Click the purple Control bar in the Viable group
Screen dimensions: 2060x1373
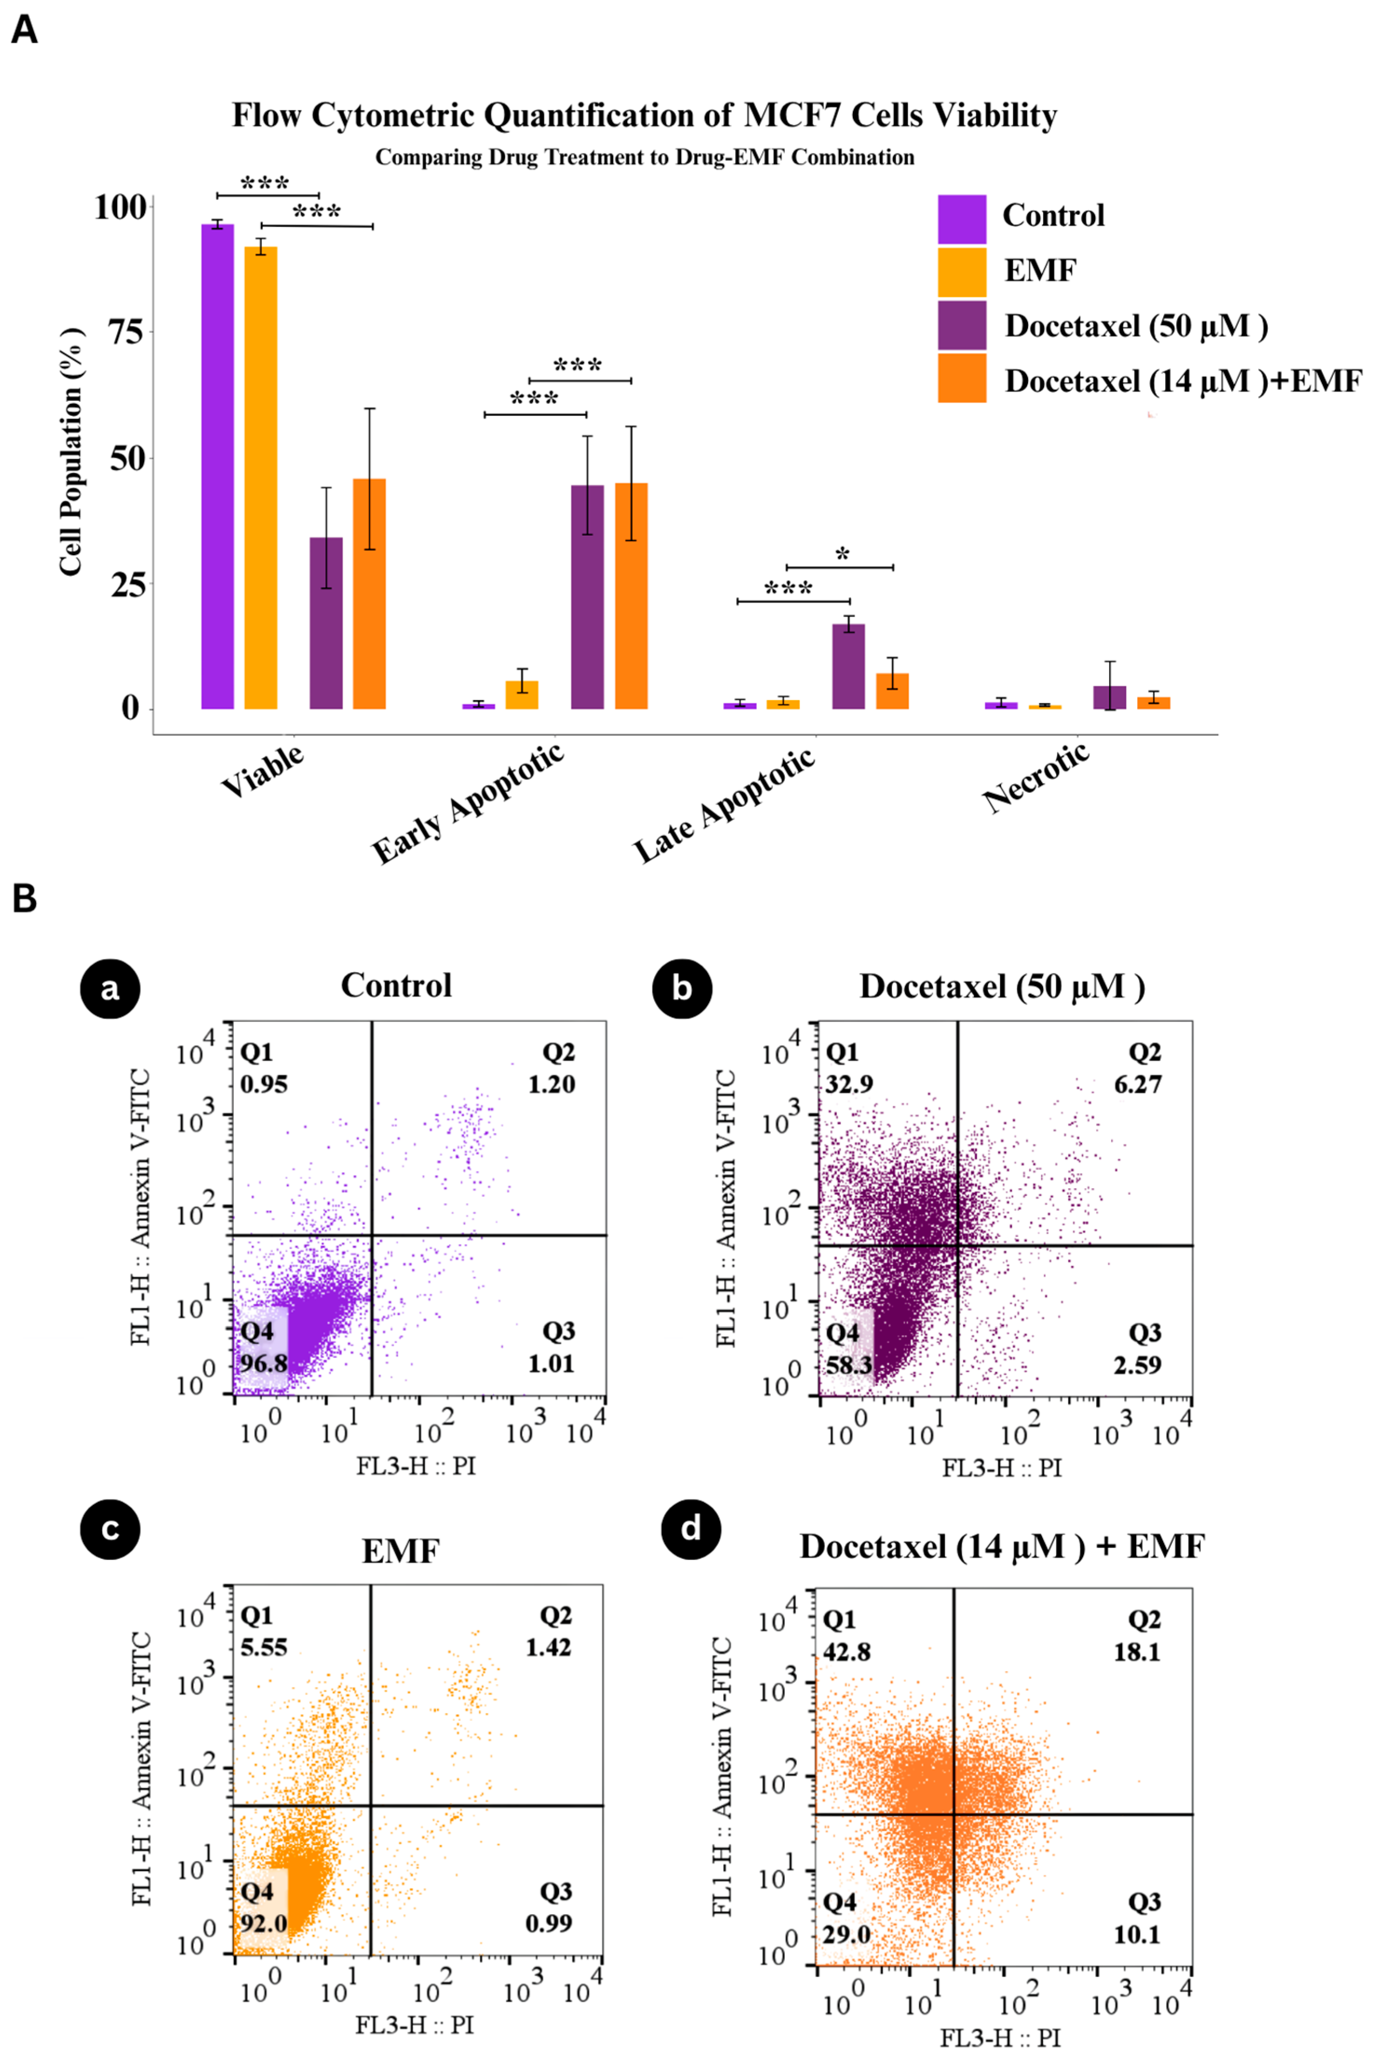[x=217, y=466]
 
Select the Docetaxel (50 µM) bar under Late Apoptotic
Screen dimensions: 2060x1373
[x=848, y=666]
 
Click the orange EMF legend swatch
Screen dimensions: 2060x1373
[x=961, y=271]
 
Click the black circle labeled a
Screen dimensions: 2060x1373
[x=110, y=988]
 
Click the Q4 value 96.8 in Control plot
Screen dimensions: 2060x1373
[x=264, y=1364]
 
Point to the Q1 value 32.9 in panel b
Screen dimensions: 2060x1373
[x=849, y=1084]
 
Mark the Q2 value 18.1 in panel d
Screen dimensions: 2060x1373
[x=1137, y=1652]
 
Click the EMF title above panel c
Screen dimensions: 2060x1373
[x=400, y=1551]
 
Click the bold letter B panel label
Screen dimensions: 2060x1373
[x=25, y=899]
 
